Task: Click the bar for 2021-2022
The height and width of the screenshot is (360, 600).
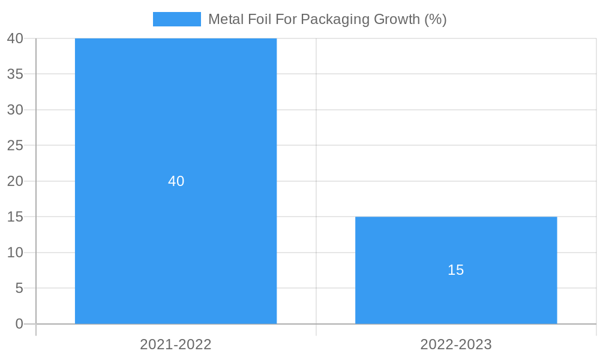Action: point(176,120)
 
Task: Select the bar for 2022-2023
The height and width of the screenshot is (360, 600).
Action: point(456,240)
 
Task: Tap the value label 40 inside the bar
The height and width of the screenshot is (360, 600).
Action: point(176,181)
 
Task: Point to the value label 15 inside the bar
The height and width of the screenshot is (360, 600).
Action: point(456,270)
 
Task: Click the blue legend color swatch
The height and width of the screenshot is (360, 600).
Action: point(176,19)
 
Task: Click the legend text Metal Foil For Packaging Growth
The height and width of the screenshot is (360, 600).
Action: point(327,19)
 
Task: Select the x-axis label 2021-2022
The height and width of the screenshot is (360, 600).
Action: point(176,344)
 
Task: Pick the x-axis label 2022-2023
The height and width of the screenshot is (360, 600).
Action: point(456,344)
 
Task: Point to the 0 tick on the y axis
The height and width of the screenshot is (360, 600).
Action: point(19,324)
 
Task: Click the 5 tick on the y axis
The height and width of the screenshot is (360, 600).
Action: point(19,289)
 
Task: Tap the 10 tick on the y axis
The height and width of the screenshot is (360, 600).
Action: point(15,253)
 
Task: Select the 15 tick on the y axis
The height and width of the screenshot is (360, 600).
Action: point(15,217)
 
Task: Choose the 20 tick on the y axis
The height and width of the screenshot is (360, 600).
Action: point(15,181)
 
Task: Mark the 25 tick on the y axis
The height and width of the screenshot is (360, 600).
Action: point(15,145)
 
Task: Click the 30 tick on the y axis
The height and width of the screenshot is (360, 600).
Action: point(15,110)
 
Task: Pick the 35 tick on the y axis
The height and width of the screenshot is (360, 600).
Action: point(15,74)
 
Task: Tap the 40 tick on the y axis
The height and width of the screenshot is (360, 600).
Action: point(15,38)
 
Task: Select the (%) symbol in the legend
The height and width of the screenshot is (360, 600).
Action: point(435,19)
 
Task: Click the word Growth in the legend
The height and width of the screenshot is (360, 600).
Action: point(397,19)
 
